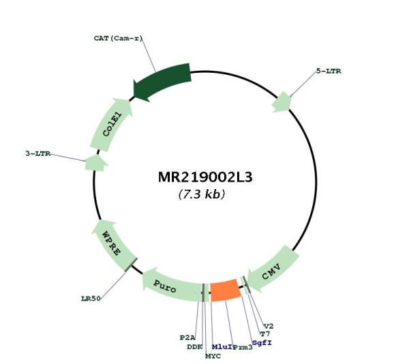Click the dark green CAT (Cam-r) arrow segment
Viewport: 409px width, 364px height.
click(x=162, y=81)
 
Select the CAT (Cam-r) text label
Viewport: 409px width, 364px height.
click(x=119, y=38)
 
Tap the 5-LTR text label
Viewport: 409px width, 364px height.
click(x=329, y=71)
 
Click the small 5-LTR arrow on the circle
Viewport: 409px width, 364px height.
click(x=281, y=102)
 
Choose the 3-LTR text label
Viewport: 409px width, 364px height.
click(x=37, y=153)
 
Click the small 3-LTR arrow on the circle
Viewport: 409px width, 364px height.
click(x=96, y=163)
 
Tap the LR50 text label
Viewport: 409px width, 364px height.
click(x=91, y=299)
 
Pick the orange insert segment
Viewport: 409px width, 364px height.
click(x=226, y=290)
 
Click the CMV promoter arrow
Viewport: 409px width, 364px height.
click(x=273, y=269)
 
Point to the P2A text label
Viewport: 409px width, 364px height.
click(x=187, y=337)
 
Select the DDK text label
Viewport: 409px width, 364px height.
click(x=194, y=347)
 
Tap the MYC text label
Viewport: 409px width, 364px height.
click(x=213, y=356)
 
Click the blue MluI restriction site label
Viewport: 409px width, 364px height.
click(x=222, y=346)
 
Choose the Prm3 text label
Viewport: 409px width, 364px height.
click(x=243, y=348)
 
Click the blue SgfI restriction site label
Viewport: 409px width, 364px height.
click(x=262, y=343)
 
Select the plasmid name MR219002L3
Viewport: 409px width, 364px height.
click(x=205, y=178)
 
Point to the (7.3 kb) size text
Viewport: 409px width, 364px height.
click(x=202, y=194)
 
